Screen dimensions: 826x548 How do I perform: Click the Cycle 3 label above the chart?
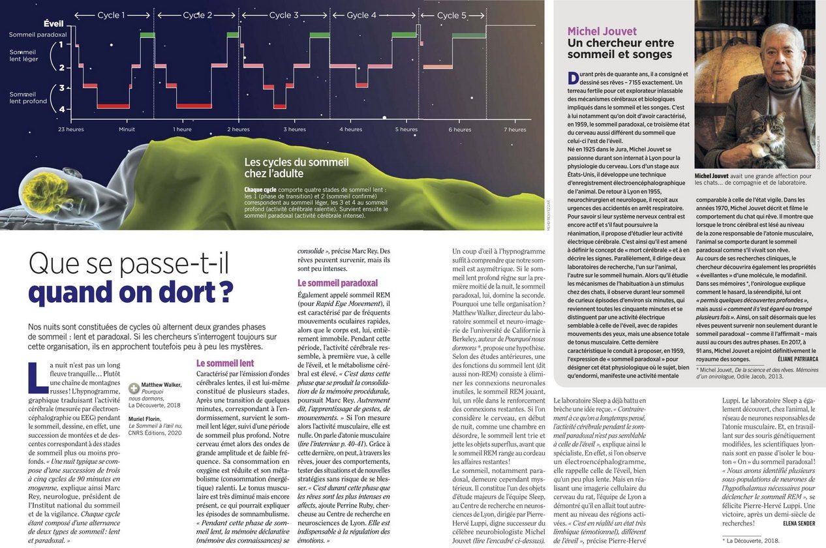[x=284, y=15]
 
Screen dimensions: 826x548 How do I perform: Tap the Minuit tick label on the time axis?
[x=127, y=129]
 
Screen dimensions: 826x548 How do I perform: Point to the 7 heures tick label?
[x=515, y=129]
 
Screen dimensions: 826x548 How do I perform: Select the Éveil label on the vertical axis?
[x=54, y=24]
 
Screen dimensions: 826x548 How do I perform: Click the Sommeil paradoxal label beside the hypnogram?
[x=38, y=35]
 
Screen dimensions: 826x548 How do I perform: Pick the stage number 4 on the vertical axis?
[x=62, y=109]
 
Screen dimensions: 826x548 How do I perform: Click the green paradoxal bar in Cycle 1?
[x=147, y=35]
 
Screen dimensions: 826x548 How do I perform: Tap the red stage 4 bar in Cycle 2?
[x=194, y=106]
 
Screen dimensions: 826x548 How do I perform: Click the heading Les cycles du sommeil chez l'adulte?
[x=296, y=168]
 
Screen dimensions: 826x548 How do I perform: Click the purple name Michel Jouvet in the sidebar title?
[x=602, y=31]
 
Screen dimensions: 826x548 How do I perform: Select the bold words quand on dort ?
[x=131, y=292]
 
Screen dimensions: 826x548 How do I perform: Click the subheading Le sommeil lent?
[x=225, y=363]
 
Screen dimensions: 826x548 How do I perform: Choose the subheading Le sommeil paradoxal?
[x=337, y=283]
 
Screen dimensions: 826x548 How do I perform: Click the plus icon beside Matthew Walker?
[x=134, y=388]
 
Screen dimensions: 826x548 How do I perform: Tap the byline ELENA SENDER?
[x=799, y=523]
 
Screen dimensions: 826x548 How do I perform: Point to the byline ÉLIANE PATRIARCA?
[x=797, y=359]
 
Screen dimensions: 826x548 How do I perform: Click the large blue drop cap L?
[x=38, y=377]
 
